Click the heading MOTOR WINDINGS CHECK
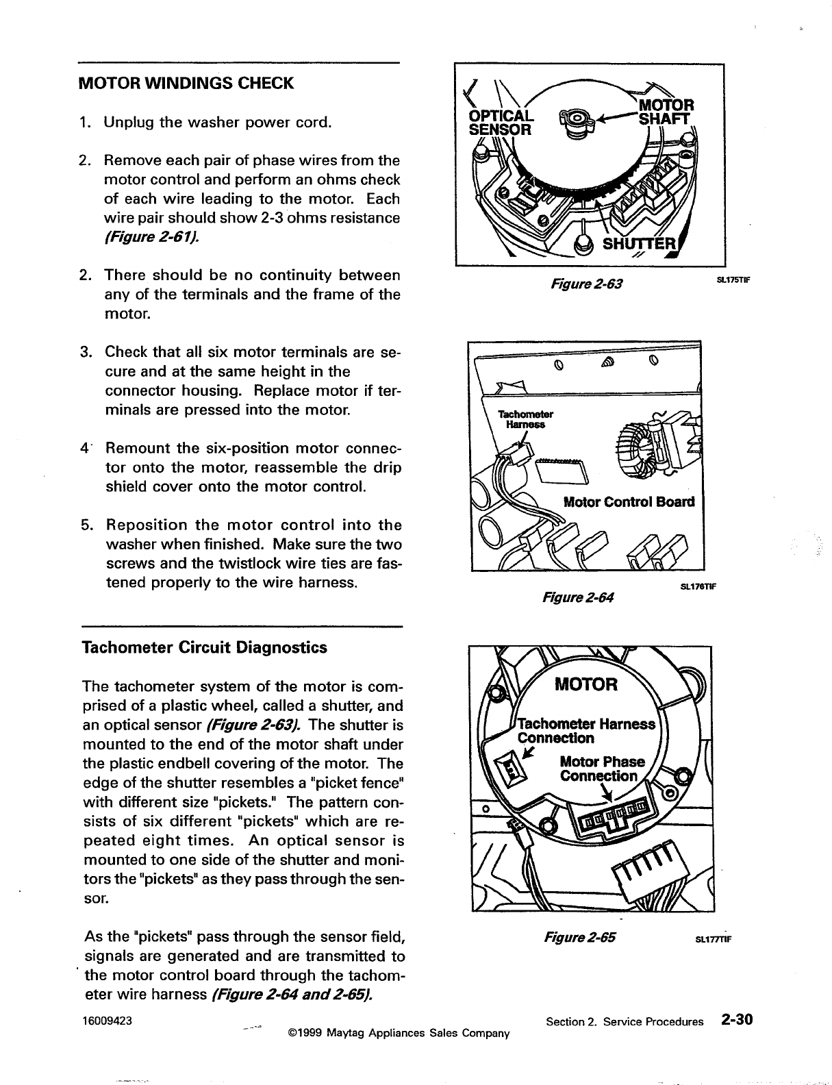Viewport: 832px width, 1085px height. tap(187, 84)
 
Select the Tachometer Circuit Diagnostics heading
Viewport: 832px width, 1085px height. tap(204, 647)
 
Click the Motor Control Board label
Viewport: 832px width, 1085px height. tap(628, 501)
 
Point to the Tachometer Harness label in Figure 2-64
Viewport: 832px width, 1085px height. tap(525, 419)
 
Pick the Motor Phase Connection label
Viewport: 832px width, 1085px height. tap(602, 769)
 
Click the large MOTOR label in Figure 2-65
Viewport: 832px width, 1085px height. tap(585, 684)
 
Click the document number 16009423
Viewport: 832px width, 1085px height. tap(107, 1019)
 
